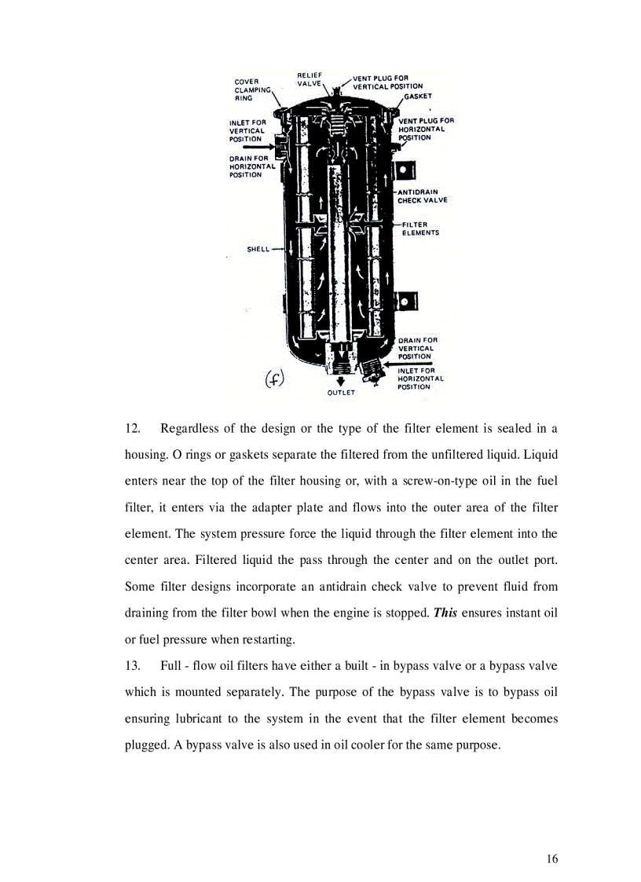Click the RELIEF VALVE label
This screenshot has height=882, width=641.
point(310,79)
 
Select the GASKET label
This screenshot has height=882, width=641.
point(418,96)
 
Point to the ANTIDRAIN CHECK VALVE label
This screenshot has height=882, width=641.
point(422,196)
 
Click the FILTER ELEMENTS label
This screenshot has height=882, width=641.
point(420,229)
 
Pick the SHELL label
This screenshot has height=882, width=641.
point(258,249)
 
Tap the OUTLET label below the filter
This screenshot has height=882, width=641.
point(341,392)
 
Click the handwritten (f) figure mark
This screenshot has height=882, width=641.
point(274,379)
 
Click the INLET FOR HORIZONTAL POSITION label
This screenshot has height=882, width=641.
point(420,379)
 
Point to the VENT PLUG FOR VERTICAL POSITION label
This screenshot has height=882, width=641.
point(386,82)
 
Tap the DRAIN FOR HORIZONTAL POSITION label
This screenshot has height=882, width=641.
point(252,167)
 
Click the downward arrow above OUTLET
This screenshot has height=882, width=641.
point(341,381)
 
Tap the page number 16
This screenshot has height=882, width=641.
point(552,858)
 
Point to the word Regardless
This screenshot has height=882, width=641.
point(189,428)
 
